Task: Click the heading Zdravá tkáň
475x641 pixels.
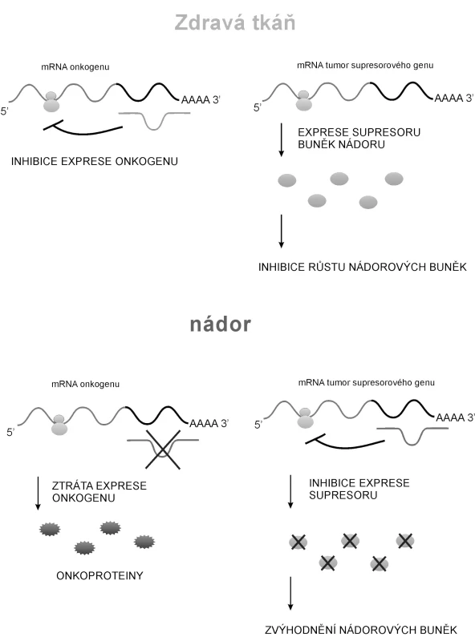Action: [x=234, y=22]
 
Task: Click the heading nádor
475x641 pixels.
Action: [x=221, y=325]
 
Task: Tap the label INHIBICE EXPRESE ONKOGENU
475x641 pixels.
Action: [x=95, y=161]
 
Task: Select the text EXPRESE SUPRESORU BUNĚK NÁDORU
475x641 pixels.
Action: [x=359, y=138]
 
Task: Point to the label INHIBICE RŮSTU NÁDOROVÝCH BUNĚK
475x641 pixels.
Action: [x=363, y=267]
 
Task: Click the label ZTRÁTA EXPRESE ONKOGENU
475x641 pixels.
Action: [x=99, y=491]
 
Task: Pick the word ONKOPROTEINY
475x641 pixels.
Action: [x=100, y=575]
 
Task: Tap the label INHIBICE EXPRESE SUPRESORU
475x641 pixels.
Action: [x=359, y=489]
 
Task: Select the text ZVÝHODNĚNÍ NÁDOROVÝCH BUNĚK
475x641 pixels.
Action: [x=361, y=630]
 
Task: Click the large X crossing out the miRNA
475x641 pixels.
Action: [x=163, y=450]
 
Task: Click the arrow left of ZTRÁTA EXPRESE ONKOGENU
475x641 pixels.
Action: [x=38, y=493]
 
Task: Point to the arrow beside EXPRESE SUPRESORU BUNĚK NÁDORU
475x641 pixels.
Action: [x=282, y=139]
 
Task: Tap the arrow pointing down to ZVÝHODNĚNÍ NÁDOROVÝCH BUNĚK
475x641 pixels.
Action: [x=290, y=593]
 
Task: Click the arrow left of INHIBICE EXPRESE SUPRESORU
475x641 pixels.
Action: [x=290, y=491]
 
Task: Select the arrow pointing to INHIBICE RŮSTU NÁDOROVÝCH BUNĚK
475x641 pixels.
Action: [x=282, y=231]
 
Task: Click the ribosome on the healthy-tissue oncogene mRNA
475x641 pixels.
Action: [x=51, y=102]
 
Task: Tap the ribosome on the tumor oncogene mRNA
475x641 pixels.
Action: [x=59, y=425]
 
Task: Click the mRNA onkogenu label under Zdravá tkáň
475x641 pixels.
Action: [x=75, y=67]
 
